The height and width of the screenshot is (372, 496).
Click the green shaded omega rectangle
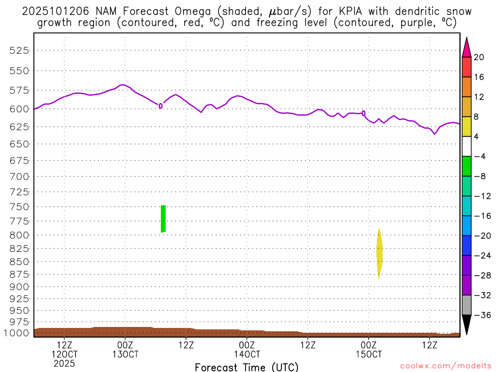point(163,219)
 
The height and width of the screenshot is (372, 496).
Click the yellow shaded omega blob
point(379,254)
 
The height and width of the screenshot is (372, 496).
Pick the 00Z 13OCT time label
point(125,349)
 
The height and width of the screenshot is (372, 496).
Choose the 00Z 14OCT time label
point(247,349)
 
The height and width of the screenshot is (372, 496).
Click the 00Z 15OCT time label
point(369,349)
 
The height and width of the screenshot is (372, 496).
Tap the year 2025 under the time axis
point(64,363)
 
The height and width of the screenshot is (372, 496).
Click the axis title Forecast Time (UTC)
point(247,367)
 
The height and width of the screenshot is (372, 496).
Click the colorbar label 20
point(479,57)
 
